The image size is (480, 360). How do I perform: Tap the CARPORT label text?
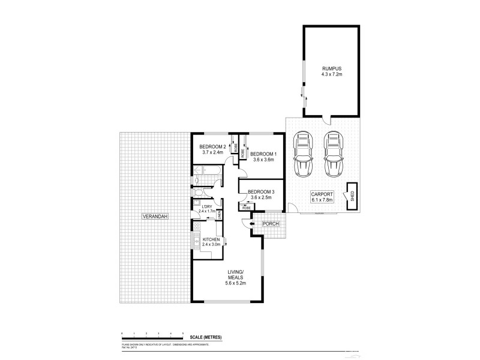click(322, 193)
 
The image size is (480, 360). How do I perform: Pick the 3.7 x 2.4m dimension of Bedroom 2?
click(211, 152)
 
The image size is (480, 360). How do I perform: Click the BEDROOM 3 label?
click(262, 191)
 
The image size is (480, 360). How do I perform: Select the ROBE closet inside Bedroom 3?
click(247, 207)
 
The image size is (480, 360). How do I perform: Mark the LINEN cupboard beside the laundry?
click(220, 213)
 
